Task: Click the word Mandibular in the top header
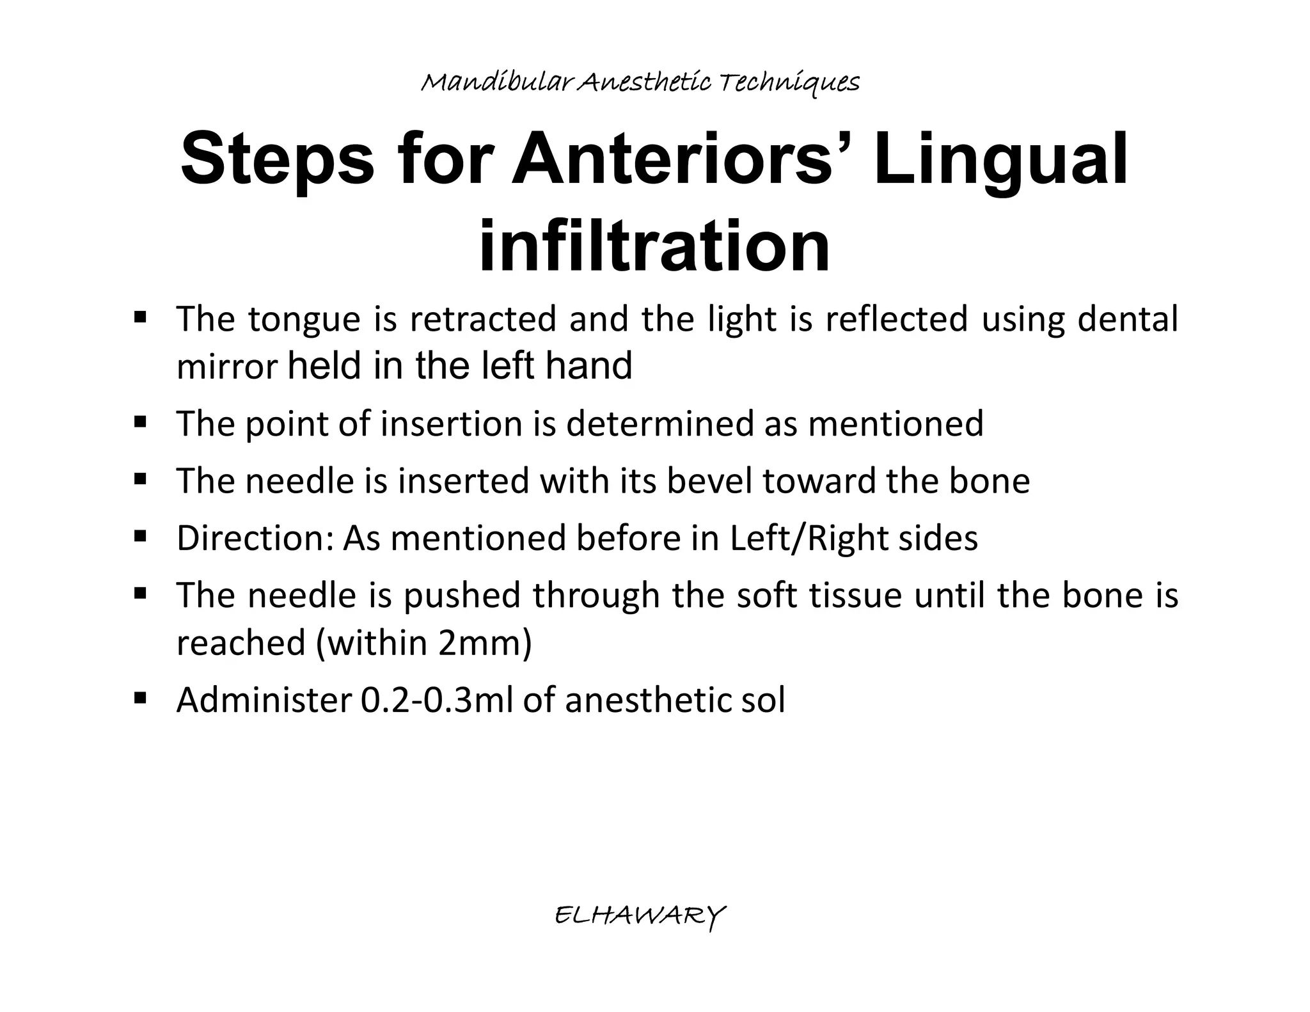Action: (497, 83)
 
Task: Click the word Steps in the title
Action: (277, 159)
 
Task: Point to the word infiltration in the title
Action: (654, 246)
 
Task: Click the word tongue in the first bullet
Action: (304, 320)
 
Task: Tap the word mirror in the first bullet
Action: (227, 367)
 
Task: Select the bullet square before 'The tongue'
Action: (141, 316)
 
